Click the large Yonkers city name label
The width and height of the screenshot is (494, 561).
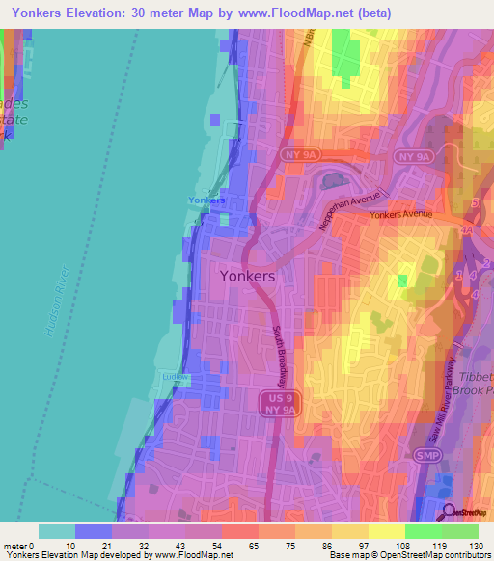(x=248, y=275)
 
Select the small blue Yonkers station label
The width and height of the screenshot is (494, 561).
(x=206, y=200)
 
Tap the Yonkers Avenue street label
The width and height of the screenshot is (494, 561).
(x=401, y=215)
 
